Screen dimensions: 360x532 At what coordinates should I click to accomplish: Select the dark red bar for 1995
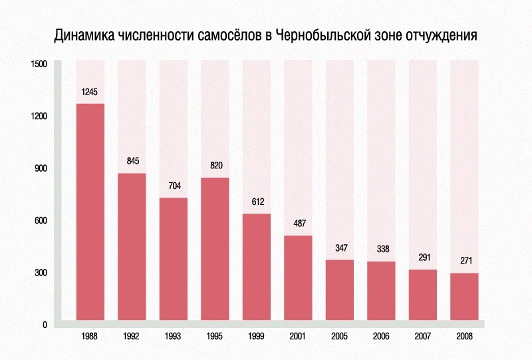[x=215, y=249]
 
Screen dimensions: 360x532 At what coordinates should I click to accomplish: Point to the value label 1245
[x=90, y=92]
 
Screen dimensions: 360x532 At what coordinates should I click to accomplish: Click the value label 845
[x=132, y=161]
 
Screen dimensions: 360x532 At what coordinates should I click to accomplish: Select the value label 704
[x=174, y=186]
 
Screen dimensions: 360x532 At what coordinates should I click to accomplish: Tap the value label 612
[x=257, y=202]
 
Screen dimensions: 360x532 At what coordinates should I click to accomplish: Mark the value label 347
[x=340, y=248]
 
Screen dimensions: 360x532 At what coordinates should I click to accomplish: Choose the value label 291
[x=423, y=258]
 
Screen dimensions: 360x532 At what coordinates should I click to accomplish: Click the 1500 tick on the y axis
[x=39, y=64]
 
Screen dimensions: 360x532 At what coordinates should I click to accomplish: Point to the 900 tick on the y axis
[x=41, y=168]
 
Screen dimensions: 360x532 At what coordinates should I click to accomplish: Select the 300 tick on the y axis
[x=41, y=273]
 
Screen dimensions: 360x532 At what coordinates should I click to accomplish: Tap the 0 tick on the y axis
[x=45, y=325]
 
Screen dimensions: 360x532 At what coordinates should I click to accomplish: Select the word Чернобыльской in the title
[x=325, y=35]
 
